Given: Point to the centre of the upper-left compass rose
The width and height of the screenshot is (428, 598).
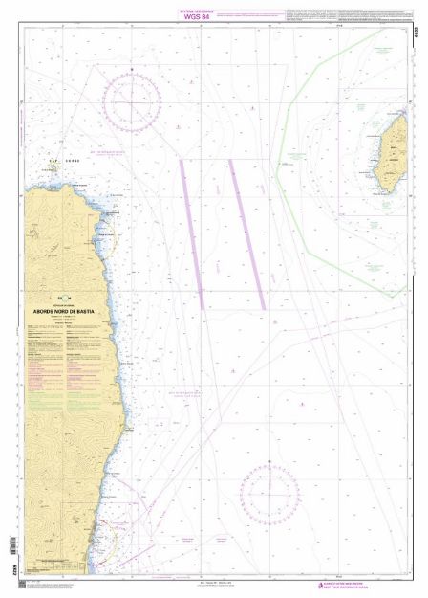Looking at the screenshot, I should [x=132, y=101].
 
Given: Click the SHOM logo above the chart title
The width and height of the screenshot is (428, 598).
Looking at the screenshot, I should [x=64, y=296].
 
